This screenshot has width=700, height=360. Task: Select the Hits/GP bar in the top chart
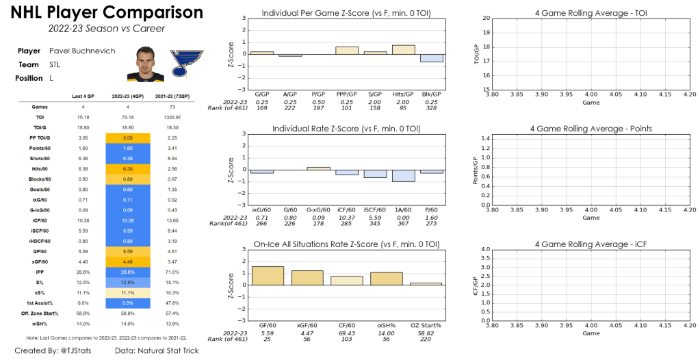[403, 50]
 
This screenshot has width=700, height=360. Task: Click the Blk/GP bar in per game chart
[431, 58]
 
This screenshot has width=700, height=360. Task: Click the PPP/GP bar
[347, 51]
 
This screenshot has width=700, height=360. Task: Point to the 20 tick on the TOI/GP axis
[486, 18]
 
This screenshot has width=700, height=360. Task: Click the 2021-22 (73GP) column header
[172, 96]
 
